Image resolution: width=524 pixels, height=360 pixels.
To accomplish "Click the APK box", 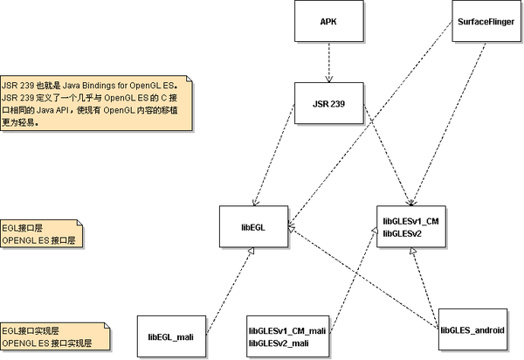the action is point(329,21).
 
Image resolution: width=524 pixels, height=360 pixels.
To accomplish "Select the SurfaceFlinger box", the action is point(486,21).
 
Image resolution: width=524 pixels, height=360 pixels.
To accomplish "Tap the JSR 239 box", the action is point(329,103).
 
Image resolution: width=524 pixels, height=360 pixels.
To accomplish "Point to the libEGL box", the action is point(253,226).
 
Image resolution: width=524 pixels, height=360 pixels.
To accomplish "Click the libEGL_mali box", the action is point(171,336).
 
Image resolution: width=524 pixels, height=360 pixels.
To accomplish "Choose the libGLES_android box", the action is point(472,329).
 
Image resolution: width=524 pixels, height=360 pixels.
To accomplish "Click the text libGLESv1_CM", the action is point(410,221).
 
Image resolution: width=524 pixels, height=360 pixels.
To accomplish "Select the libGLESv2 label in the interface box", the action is point(403,233).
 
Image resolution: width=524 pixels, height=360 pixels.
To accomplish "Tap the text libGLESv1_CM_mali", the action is point(287,331).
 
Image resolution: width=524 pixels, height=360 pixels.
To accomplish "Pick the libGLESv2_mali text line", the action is point(279,343).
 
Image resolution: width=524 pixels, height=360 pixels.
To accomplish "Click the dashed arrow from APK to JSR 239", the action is point(329,62).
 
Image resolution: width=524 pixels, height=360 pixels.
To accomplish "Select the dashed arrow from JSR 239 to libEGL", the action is point(274,155).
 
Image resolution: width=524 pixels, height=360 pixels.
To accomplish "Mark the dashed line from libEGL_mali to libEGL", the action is point(230,291).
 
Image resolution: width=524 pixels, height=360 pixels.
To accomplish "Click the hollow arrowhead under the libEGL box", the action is point(252,251).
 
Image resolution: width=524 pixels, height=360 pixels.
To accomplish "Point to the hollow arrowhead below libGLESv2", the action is point(413,251).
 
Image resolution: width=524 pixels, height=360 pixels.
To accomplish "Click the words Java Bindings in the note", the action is point(88,86).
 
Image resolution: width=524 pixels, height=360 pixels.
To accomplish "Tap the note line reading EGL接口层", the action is point(23,228).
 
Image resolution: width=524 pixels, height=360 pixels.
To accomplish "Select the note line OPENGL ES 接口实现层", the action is point(47,343).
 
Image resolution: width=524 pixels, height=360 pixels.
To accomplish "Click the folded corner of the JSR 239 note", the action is point(190,79).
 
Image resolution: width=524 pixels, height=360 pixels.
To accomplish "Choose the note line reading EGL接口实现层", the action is point(31,331).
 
